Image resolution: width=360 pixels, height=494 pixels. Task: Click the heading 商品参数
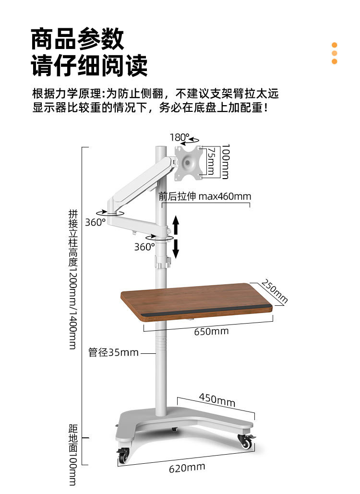77,39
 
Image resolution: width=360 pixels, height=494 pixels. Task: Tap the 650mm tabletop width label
211,331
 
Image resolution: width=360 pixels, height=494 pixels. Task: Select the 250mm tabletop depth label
275,292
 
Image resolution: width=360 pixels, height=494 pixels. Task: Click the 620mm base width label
187,468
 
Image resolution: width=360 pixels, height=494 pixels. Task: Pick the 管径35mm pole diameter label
113,352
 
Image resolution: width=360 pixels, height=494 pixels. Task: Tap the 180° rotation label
180,138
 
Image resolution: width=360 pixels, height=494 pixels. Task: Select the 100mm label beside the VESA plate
225,161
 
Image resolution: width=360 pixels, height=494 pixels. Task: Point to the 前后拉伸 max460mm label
205,196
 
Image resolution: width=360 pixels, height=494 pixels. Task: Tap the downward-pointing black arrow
176,249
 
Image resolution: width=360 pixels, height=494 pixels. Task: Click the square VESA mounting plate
188,163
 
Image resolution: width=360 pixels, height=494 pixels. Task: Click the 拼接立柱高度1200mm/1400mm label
73,279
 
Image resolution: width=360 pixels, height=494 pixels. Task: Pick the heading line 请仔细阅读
89,66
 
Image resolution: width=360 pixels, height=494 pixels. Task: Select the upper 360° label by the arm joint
95,222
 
